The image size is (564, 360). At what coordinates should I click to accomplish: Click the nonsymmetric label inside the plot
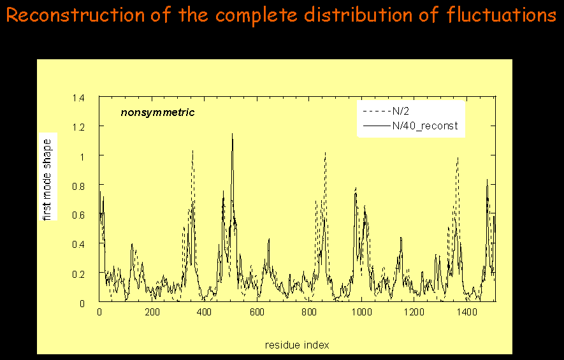pyautogui.click(x=157, y=113)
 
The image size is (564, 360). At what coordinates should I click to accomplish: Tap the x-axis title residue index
pyautogui.click(x=297, y=345)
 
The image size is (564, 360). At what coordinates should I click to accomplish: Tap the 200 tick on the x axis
pyautogui.click(x=152, y=312)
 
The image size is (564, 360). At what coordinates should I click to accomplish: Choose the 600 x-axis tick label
pyautogui.click(x=257, y=312)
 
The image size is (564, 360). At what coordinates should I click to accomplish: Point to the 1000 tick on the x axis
pyautogui.click(x=361, y=312)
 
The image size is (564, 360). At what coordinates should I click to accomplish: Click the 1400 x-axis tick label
pyautogui.click(x=466, y=312)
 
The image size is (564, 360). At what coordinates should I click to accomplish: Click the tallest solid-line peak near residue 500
pyautogui.click(x=232, y=134)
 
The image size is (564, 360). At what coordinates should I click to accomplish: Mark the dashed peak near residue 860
pyautogui.click(x=325, y=152)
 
